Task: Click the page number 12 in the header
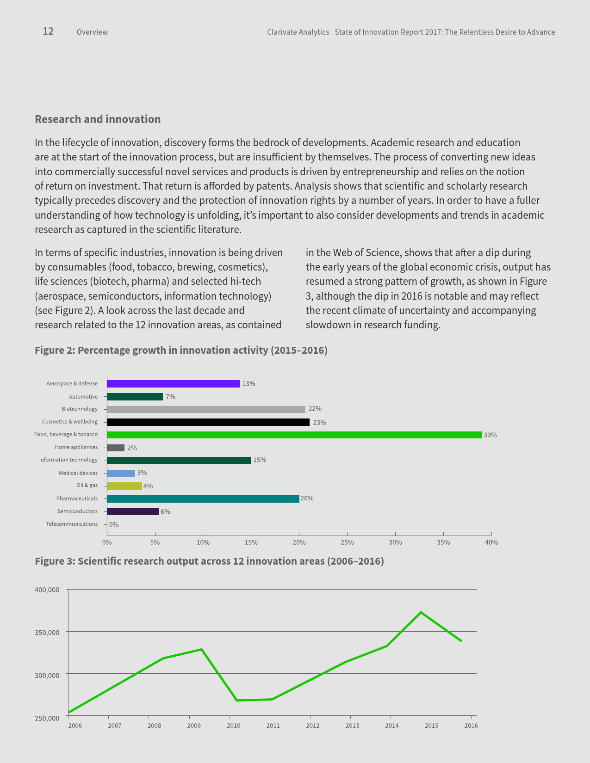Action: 48,31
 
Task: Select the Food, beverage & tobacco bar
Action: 294,435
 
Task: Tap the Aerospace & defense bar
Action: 173,384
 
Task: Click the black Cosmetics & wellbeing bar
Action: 208,422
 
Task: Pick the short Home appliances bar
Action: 116,448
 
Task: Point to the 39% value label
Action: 490,435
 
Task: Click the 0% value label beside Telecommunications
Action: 114,524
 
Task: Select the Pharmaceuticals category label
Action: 77,498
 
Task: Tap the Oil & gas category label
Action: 87,486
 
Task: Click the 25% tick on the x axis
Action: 347,542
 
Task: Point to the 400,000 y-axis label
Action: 47,590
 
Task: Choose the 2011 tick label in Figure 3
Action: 273,726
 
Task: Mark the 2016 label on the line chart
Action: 471,726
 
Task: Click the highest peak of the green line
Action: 421,612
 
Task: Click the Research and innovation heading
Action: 98,119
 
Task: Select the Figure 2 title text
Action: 181,350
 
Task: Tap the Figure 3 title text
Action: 209,561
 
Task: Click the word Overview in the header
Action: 92,32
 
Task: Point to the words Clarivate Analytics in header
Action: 298,32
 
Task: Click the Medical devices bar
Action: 121,473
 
